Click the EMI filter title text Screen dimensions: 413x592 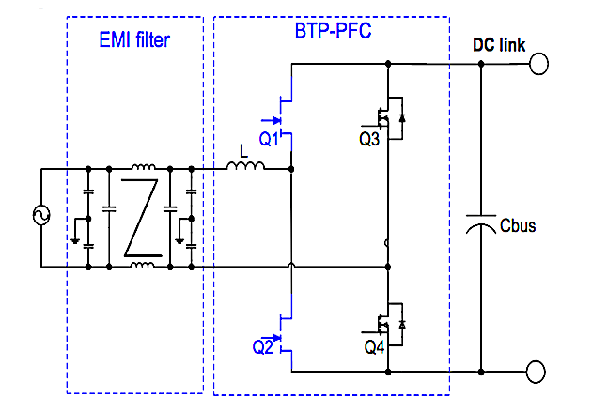pyautogui.click(x=134, y=40)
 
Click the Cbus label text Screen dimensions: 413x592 pyautogui.click(x=518, y=226)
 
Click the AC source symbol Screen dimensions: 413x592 pyautogui.click(x=42, y=217)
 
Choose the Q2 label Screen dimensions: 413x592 pyautogui.click(x=263, y=345)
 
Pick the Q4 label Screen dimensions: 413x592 pyautogui.click(x=373, y=346)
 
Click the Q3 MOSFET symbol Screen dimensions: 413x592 pyautogui.click(x=388, y=117)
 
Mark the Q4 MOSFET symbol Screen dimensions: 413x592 pyautogui.click(x=388, y=324)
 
